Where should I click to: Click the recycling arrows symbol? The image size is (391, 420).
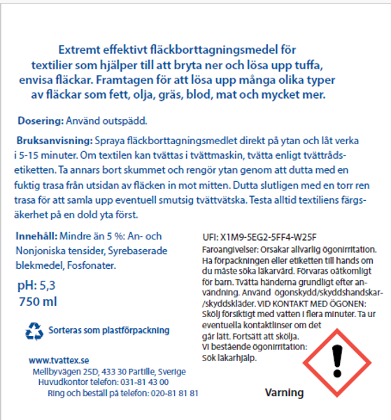34,329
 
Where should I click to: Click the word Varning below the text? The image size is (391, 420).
285,393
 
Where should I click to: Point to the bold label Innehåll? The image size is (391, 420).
36,237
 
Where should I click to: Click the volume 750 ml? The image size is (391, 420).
41,302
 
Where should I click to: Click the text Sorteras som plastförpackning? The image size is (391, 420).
109,330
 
